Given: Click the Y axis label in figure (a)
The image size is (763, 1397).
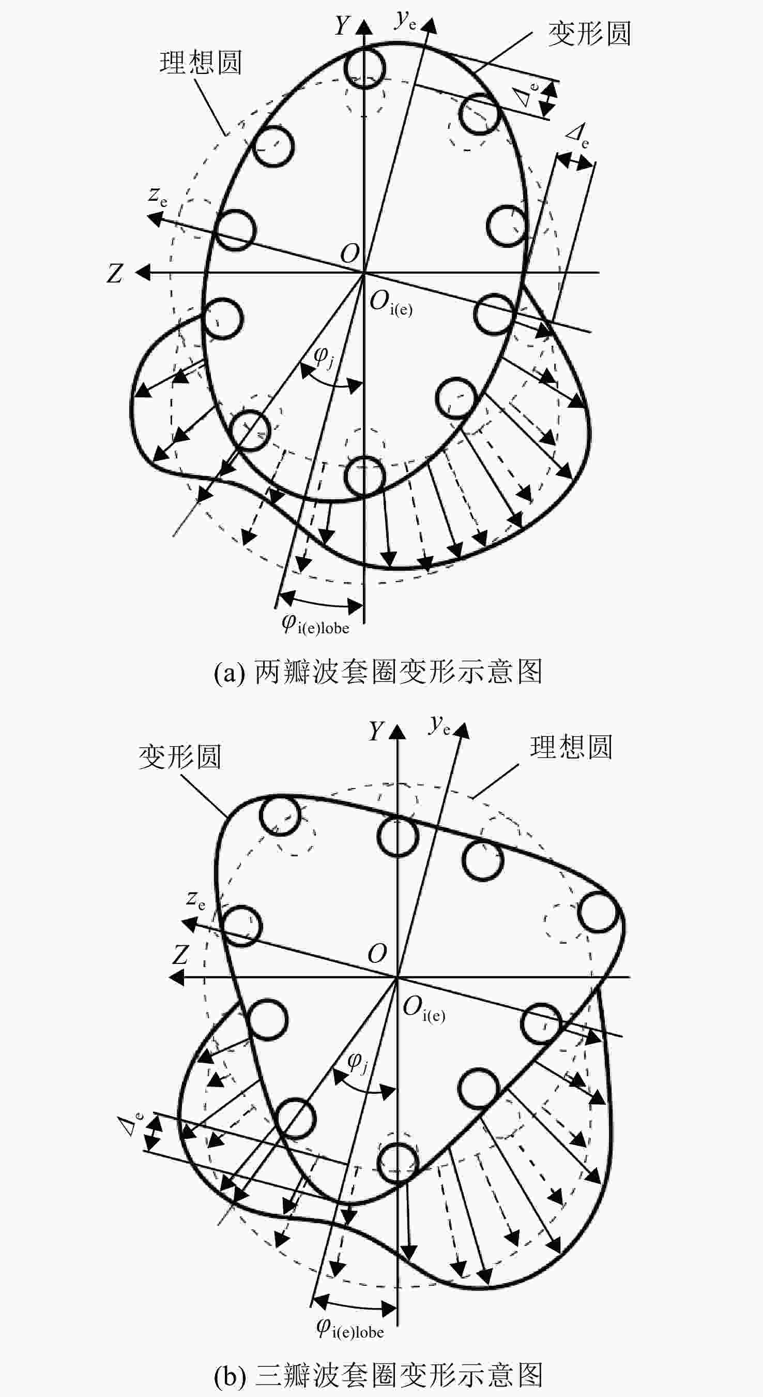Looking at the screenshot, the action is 343,25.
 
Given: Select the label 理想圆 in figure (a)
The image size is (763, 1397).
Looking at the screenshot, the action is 201,63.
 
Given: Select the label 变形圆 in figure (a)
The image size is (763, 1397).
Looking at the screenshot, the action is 590,34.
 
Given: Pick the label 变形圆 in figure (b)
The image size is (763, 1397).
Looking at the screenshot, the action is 180,757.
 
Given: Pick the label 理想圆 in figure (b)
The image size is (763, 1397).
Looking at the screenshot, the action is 571,747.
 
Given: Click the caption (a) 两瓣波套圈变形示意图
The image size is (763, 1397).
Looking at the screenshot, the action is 378,672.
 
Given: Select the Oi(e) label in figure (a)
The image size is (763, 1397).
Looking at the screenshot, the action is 391,303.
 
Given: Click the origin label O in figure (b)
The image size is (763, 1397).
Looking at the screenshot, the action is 378,953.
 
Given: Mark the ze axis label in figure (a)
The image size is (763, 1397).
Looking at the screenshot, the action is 158,196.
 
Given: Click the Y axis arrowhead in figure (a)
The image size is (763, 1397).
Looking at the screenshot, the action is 364,27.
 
